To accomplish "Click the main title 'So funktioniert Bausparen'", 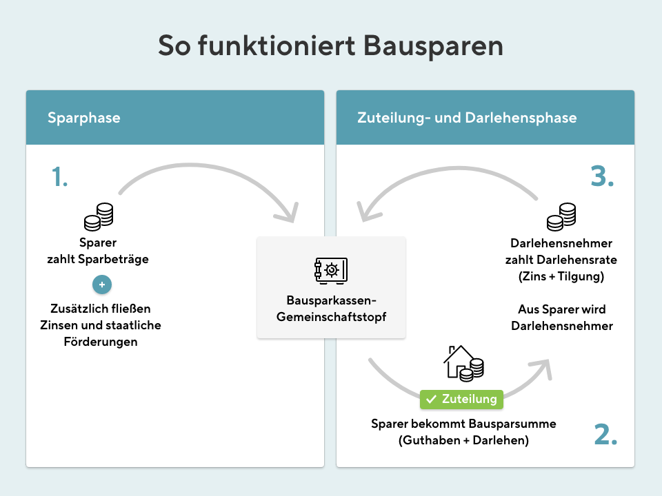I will click(x=330, y=45).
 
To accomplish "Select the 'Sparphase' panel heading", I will click(x=83, y=118).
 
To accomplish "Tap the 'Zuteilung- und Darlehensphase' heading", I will click(x=467, y=118).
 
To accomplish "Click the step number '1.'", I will click(x=60, y=178).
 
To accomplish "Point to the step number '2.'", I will click(x=605, y=434).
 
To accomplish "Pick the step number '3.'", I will click(x=602, y=177).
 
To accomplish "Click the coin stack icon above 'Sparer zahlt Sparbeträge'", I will click(x=99, y=217).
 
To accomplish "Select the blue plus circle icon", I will click(x=101, y=284).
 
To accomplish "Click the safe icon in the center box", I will click(x=331, y=270).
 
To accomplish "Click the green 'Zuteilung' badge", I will click(x=461, y=399).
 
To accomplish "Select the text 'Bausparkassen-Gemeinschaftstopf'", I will click(x=331, y=309).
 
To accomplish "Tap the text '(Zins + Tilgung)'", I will click(x=561, y=276).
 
